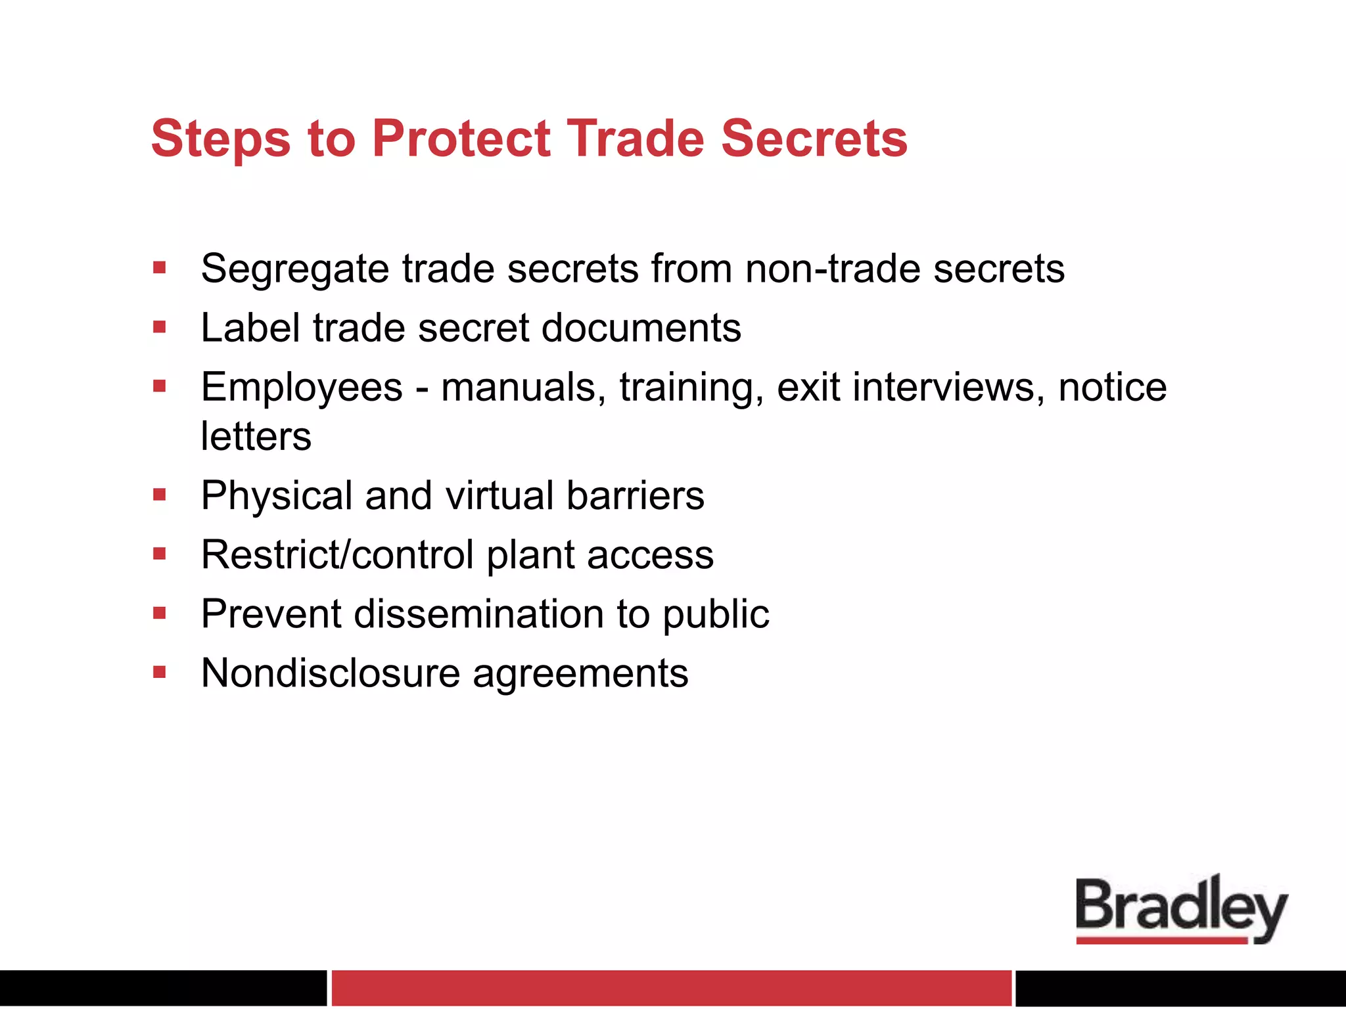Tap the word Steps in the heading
pos(221,139)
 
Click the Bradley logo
pos(1181,910)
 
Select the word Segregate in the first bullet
pos(295,269)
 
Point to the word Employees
pos(302,387)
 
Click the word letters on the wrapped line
pos(256,436)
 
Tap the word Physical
pos(277,495)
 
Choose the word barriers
pos(635,495)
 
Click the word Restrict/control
pos(337,554)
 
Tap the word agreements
pos(580,674)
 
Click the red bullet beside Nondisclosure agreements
pos(160,672)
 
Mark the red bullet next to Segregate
pos(160,267)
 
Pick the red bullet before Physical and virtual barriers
pos(160,495)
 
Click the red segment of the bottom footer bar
pos(671,988)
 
